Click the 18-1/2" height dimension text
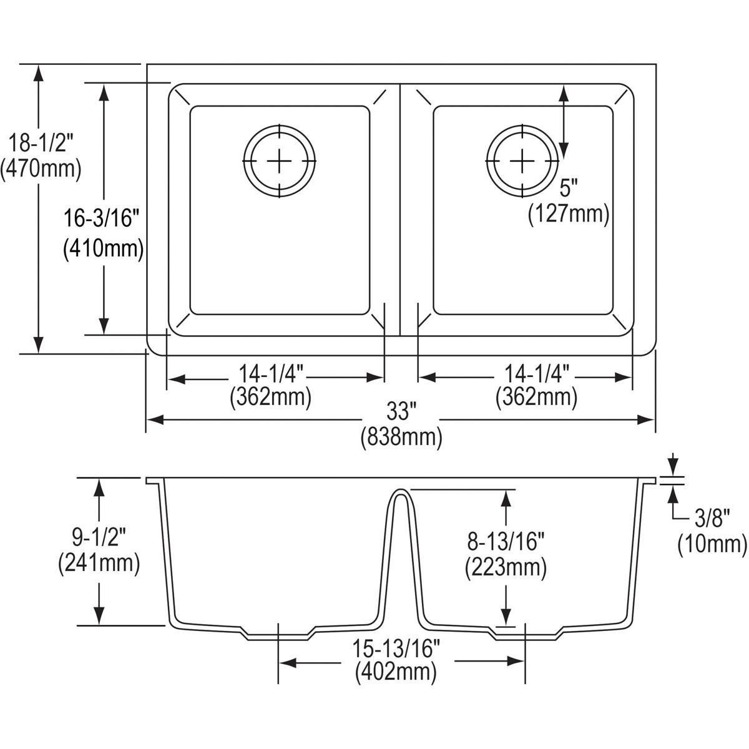tap(41, 144)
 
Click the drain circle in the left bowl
tap(280, 161)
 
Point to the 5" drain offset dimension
tap(568, 187)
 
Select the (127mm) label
tap(568, 213)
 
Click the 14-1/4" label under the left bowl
tap(270, 374)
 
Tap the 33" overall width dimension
tap(401, 413)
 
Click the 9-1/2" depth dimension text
tap(98, 537)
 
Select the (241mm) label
tap(98, 563)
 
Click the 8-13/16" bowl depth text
tap(506, 542)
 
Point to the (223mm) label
tap(506, 567)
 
